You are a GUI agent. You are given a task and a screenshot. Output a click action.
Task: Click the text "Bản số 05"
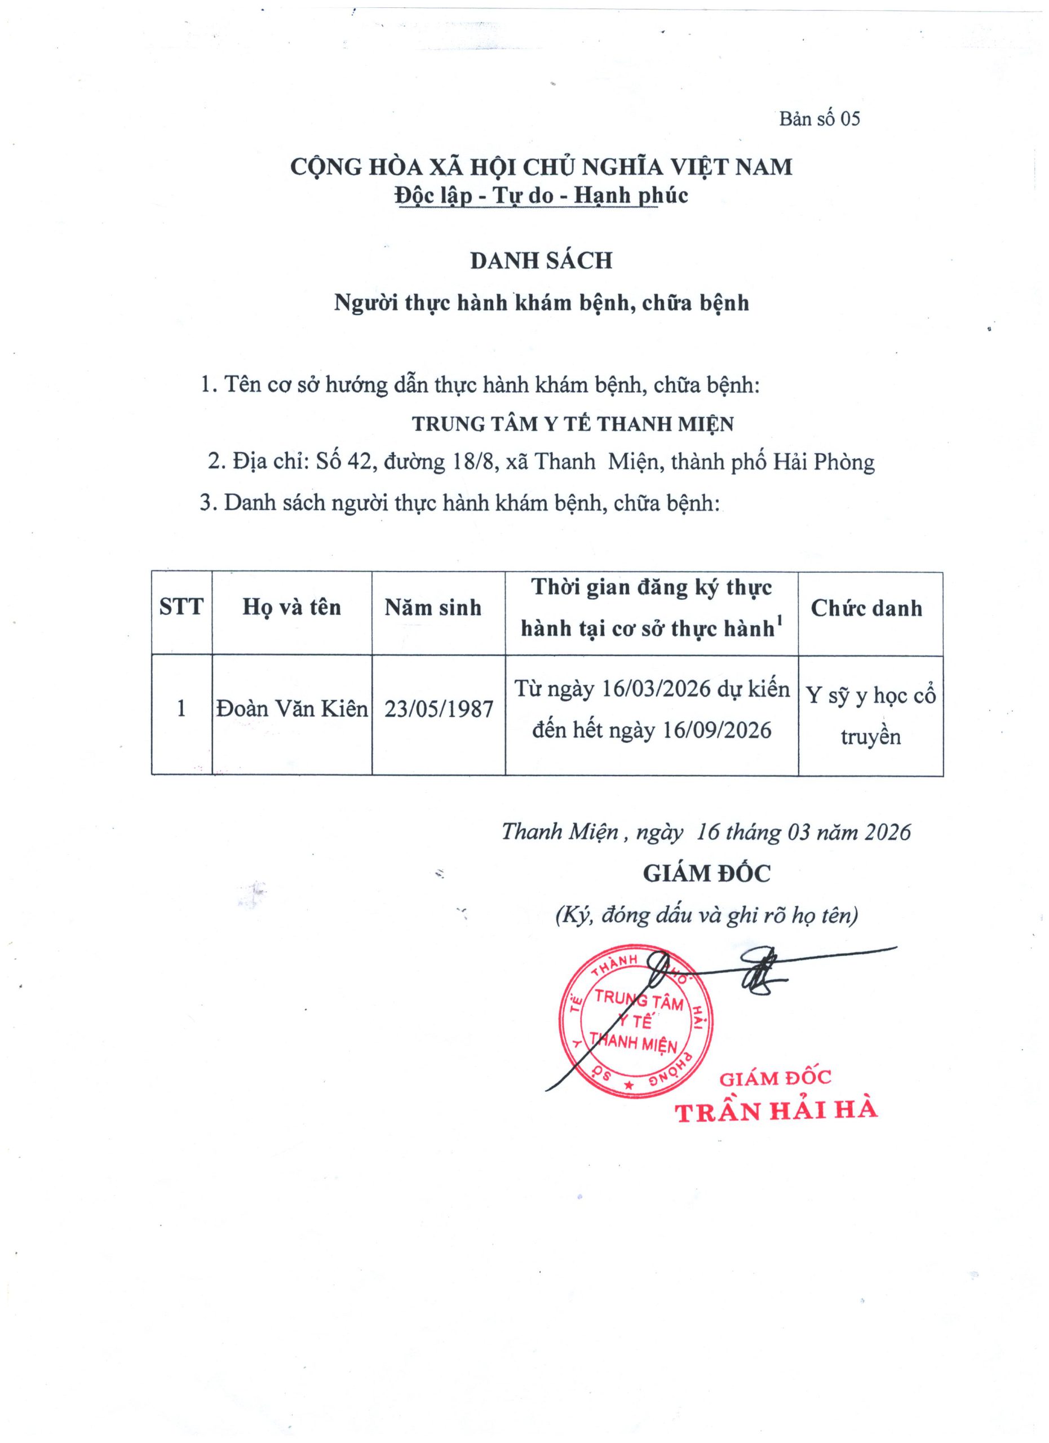tap(820, 119)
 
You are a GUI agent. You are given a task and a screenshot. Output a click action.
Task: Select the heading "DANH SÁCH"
tap(541, 261)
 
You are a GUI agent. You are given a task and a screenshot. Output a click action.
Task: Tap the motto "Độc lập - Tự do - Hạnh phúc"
tap(541, 196)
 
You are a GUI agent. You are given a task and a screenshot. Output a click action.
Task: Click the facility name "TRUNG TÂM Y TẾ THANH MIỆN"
tap(573, 424)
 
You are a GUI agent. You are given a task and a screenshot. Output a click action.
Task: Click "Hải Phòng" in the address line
tap(824, 462)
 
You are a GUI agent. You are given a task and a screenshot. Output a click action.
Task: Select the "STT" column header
tap(182, 608)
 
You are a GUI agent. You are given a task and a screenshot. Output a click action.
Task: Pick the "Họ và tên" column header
tap(291, 608)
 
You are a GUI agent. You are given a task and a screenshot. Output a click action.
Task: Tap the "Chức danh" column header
tap(866, 609)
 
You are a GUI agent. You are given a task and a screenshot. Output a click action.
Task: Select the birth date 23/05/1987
tap(439, 710)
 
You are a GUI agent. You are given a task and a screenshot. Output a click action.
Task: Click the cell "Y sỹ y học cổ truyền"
tap(870, 716)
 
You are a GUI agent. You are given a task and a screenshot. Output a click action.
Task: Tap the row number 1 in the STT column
tap(182, 709)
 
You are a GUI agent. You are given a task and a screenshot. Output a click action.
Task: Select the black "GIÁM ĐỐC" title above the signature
tap(706, 874)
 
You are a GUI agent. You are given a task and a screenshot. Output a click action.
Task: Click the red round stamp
tap(635, 1023)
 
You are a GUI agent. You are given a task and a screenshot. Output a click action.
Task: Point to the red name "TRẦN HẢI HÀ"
tap(776, 1112)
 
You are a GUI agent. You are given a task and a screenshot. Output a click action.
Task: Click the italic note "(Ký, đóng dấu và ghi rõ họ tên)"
tap(706, 915)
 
